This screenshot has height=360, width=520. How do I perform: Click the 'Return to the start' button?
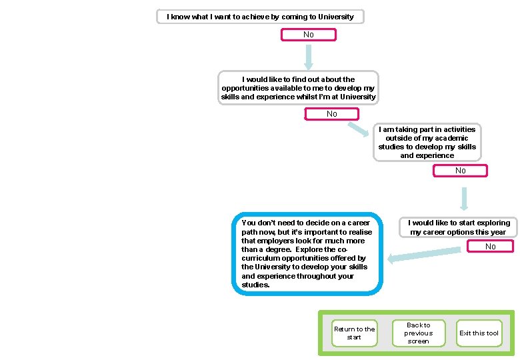tap(354, 333)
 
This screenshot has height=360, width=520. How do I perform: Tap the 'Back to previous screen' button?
tap(418, 333)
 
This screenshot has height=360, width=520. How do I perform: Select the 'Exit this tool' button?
tap(479, 333)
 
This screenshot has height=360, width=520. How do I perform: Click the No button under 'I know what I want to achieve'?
tap(308, 35)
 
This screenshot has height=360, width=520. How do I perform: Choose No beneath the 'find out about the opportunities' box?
tap(331, 114)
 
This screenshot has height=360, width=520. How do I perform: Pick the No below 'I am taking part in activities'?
tap(460, 171)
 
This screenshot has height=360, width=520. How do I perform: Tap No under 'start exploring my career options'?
tap(490, 247)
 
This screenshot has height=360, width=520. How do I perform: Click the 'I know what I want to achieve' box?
tap(260, 17)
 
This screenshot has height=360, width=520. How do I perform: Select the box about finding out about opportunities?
tap(298, 88)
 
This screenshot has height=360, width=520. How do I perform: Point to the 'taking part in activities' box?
tap(427, 142)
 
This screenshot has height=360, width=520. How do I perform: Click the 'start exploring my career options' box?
tap(459, 227)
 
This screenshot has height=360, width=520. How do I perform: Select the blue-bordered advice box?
tap(307, 254)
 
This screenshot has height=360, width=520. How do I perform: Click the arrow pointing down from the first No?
tap(308, 57)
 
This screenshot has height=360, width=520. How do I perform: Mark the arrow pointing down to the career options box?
tap(463, 198)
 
